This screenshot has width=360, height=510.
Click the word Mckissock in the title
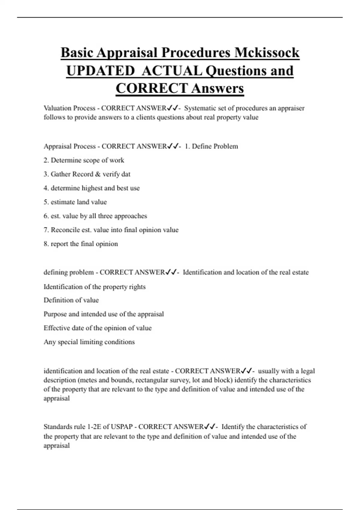coord(267,53)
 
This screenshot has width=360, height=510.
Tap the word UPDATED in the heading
coord(100,71)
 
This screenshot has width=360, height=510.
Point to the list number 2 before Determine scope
coord(46,160)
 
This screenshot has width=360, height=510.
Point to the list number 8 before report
coord(46,244)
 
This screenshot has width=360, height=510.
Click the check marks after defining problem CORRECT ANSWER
coord(171,272)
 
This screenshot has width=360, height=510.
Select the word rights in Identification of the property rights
coord(137,287)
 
